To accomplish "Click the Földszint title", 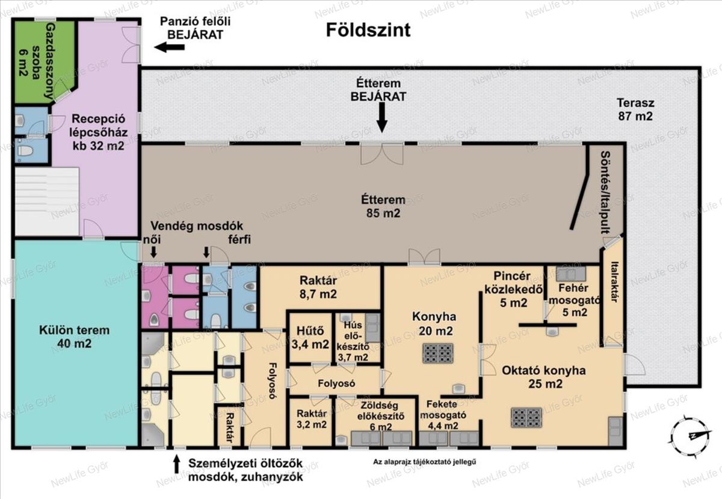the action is pyautogui.click(x=368, y=30).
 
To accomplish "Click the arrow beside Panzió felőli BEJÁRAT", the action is pyautogui.click(x=169, y=47).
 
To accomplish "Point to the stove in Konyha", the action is pyautogui.click(x=438, y=353).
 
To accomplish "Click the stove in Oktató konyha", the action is pyautogui.click(x=526, y=418).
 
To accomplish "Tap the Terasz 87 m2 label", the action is pyautogui.click(x=635, y=110).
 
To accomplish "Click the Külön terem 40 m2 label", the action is pyautogui.click(x=75, y=336).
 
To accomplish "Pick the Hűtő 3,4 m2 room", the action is pyautogui.click(x=310, y=338).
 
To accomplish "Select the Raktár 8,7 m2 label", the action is pyautogui.click(x=318, y=287).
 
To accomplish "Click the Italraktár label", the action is pyautogui.click(x=614, y=282).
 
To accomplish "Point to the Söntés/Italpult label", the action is pyautogui.click(x=606, y=192).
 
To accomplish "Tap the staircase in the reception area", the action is pyautogui.click(x=47, y=201).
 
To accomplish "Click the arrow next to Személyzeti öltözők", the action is pyautogui.click(x=176, y=463).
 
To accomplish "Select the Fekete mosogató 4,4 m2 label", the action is pyautogui.click(x=443, y=415).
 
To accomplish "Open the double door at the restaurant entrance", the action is pyautogui.click(x=382, y=154).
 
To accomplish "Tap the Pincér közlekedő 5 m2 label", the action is pyautogui.click(x=513, y=290).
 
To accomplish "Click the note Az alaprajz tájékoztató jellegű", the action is pyautogui.click(x=425, y=462).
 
